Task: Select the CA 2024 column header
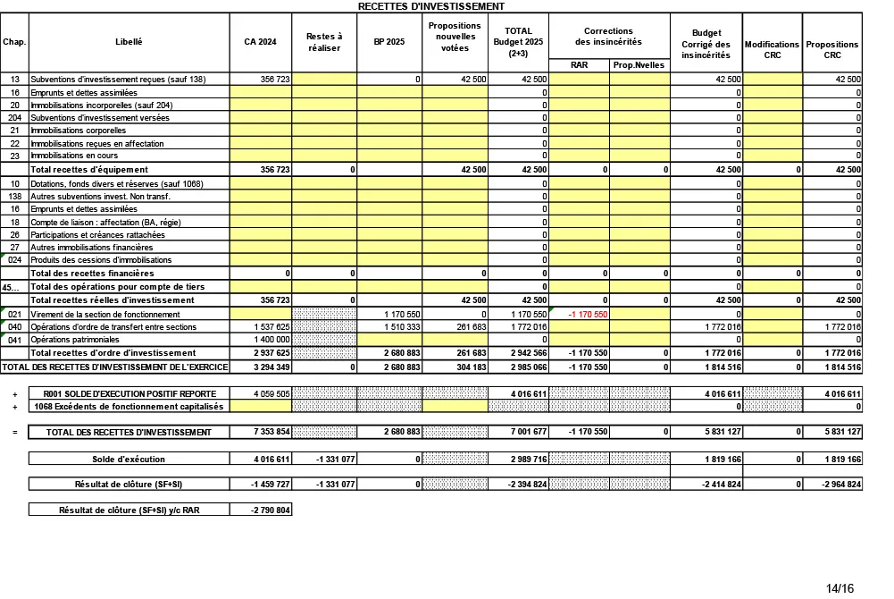pos(261,42)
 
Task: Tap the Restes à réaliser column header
pos(324,42)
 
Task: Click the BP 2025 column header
pos(389,42)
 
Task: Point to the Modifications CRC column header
pos(772,48)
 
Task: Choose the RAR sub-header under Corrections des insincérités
pos(579,64)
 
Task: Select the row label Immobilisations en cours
pos(78,156)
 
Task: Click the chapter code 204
pos(14,117)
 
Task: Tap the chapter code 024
pos(14,259)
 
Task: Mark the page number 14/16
pos(840,587)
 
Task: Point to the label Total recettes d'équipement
pos(89,169)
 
